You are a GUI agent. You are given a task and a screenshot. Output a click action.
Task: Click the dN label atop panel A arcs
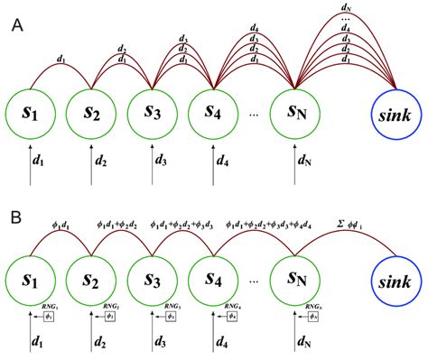coord(346,8)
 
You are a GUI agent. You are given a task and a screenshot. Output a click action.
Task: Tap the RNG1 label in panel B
coord(51,309)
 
